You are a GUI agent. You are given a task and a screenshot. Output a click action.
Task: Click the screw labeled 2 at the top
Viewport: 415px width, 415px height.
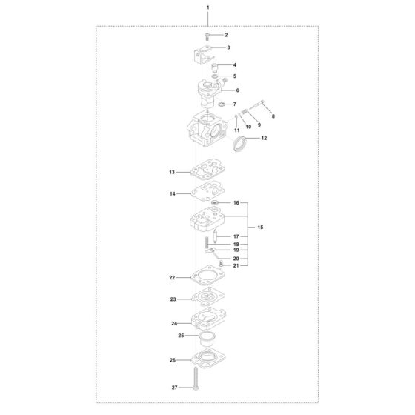click(207, 36)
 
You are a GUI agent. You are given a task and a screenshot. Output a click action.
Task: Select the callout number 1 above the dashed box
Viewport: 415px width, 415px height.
click(207, 7)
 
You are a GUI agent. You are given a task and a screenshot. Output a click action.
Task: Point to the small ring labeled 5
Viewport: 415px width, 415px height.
click(216, 77)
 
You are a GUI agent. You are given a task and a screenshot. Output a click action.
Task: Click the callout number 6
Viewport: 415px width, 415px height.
click(237, 90)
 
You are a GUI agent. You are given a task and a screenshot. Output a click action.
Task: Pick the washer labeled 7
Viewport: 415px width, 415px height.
click(222, 104)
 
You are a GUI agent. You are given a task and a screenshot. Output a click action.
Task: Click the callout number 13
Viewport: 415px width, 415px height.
click(172, 172)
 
